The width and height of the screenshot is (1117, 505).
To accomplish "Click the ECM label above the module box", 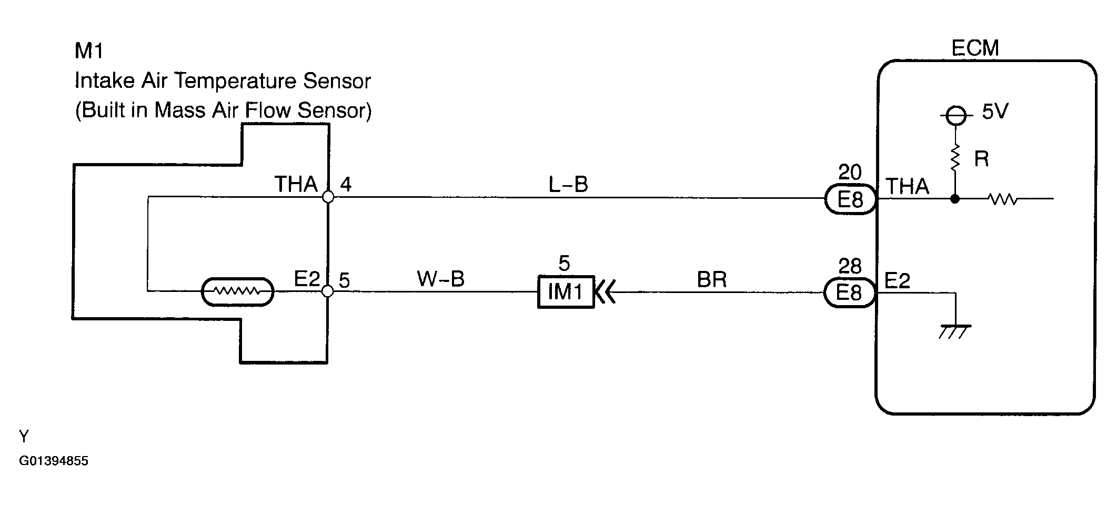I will tap(975, 48).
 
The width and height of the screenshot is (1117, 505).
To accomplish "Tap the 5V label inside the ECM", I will tap(994, 112).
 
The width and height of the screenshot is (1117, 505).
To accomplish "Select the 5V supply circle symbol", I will tap(955, 115).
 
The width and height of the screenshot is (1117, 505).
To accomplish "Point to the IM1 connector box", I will tap(566, 291).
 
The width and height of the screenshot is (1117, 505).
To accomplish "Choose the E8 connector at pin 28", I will tap(849, 293).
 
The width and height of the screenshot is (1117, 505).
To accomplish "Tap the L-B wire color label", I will tap(568, 184).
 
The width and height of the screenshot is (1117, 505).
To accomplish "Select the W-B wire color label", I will tap(441, 279).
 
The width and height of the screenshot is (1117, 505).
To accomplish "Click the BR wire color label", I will tap(711, 280).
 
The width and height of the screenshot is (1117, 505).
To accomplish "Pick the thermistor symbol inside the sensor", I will tap(238, 291).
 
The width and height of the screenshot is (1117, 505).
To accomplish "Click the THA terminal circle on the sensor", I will tap(328, 197).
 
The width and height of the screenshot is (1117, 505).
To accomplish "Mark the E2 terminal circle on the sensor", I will tap(327, 291).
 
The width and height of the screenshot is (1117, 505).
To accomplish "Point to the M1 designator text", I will tap(89, 51).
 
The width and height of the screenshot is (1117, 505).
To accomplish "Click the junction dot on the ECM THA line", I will tap(955, 199).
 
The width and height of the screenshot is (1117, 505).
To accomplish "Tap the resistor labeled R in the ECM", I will tap(955, 158).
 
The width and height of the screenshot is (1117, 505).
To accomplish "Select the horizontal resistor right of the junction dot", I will tap(1003, 199).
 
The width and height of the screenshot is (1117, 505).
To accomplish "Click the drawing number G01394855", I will tap(54, 461).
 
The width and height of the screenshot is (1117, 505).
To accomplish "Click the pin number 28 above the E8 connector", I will tap(850, 267).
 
